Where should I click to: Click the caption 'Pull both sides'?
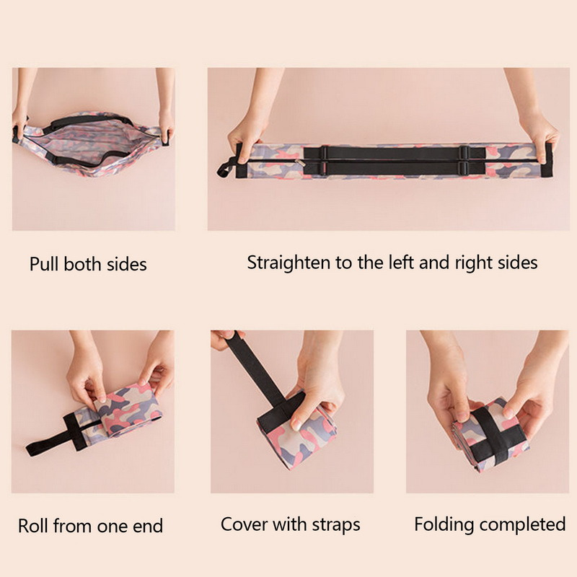pyautogui.click(x=88, y=264)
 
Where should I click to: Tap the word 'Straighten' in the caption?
pyautogui.click(x=288, y=263)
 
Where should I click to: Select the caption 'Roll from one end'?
pyautogui.click(x=91, y=526)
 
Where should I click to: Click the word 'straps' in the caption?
pyautogui.click(x=336, y=525)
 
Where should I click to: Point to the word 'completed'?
pyautogui.click(x=521, y=524)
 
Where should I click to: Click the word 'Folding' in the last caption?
pyautogui.click(x=444, y=525)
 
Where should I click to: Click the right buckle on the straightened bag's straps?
pyautogui.click(x=464, y=160)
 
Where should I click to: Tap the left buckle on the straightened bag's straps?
pyautogui.click(x=324, y=160)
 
